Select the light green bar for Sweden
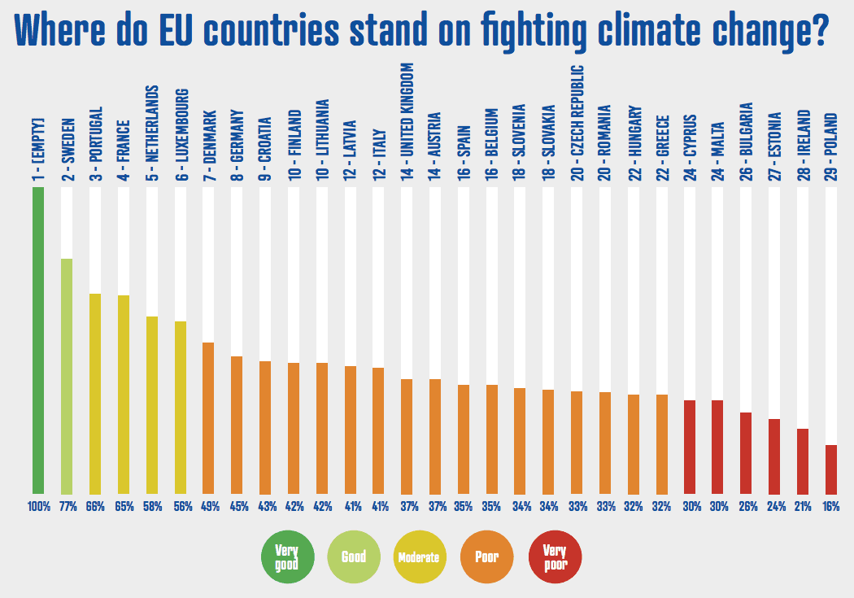[67, 376]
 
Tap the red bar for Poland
[831, 469]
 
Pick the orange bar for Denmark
[208, 418]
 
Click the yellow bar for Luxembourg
[180, 408]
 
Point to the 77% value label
[67, 506]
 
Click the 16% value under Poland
[831, 506]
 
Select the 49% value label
[208, 506]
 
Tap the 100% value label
[38, 506]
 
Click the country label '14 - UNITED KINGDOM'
[407, 122]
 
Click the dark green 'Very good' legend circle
[286, 557]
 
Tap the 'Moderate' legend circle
[418, 557]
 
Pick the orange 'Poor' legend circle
[486, 557]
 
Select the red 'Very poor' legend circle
[556, 557]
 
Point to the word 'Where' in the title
[65, 31]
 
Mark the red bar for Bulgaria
[746, 453]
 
